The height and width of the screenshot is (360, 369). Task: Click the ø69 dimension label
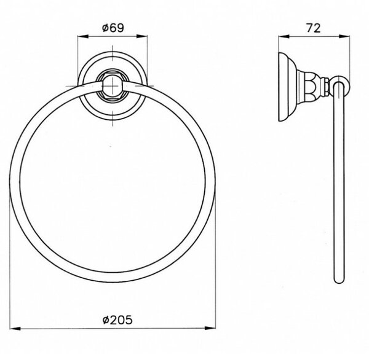(x=113, y=28)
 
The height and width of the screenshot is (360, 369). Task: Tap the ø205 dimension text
(x=117, y=320)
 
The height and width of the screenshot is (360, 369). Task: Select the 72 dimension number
(x=314, y=28)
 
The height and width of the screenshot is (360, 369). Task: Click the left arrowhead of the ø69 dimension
(x=83, y=36)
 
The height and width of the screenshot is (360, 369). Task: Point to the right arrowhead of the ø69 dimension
(x=142, y=36)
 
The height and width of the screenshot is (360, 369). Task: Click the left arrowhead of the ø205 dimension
(x=15, y=328)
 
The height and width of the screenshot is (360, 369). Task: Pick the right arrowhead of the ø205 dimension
(x=210, y=328)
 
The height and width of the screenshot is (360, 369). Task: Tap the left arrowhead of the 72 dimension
(x=284, y=36)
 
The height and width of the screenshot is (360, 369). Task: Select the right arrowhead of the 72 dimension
(x=344, y=36)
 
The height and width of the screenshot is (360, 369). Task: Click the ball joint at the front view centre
(x=113, y=86)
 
